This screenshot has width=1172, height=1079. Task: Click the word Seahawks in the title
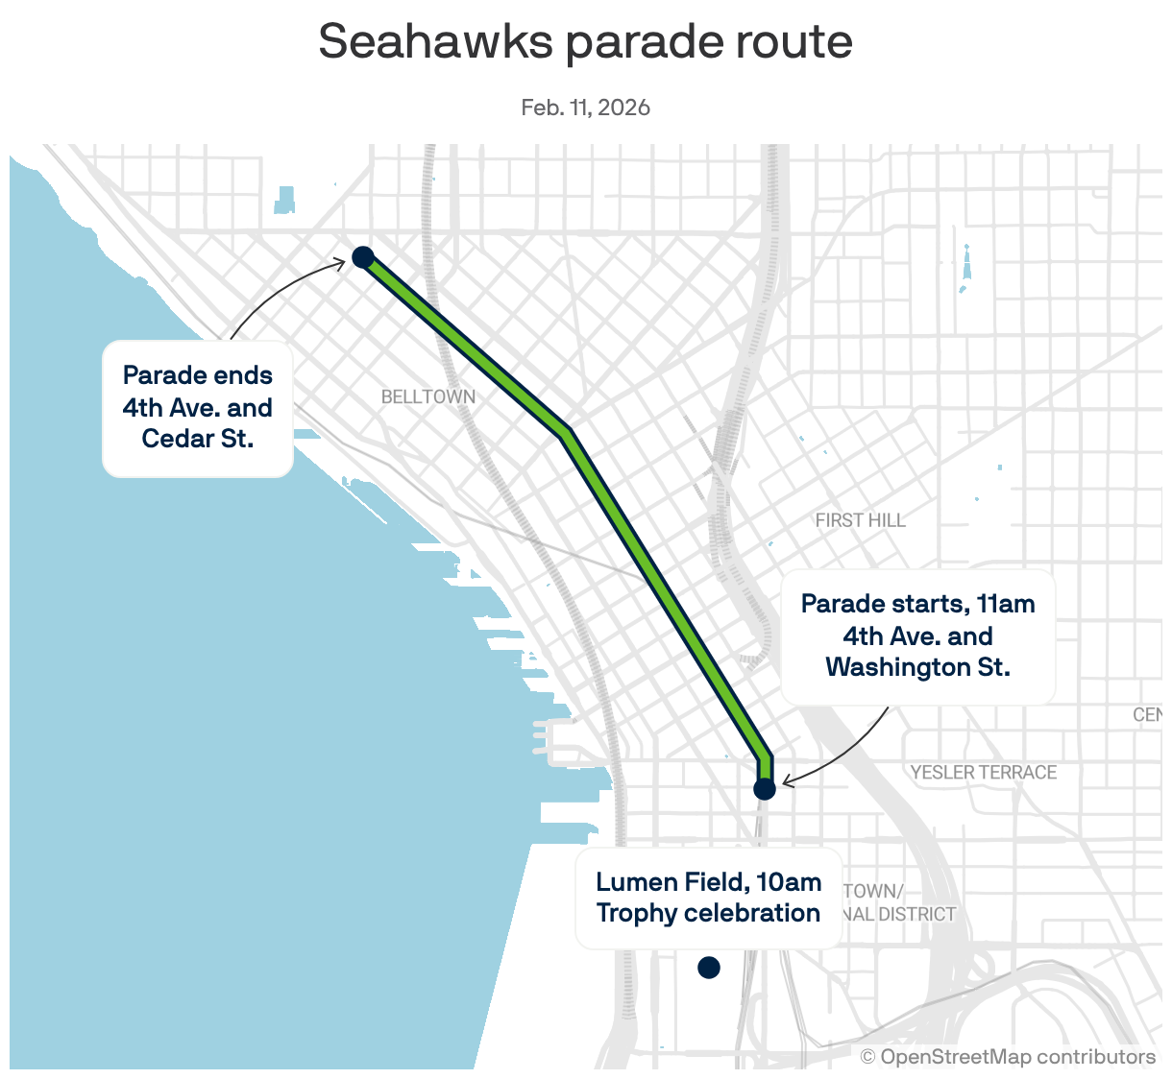[435, 41]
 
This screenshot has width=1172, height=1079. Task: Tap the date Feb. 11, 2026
[585, 108]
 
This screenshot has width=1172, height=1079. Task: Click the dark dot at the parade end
[362, 256]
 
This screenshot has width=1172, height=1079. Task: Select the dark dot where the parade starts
[764, 789]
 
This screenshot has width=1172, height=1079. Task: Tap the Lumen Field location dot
[708, 968]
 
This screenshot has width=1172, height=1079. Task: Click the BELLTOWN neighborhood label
[427, 396]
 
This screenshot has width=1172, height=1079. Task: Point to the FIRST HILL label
[860, 520]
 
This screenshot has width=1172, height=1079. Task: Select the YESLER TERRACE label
[983, 772]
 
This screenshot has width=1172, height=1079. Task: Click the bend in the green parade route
[565, 432]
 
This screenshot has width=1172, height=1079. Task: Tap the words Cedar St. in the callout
[198, 439]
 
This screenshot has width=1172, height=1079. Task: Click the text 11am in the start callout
[1005, 604]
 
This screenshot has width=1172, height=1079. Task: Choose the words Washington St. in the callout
[917, 667]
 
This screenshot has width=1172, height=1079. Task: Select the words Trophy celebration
[708, 913]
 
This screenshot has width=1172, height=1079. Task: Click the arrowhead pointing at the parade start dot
[787, 782]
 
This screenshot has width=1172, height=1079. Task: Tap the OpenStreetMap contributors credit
[1008, 1057]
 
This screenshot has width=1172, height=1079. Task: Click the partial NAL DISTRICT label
[899, 914]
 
